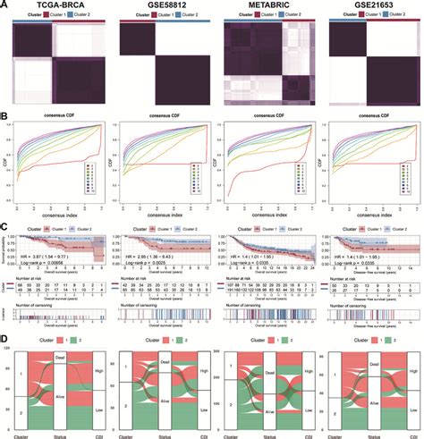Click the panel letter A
tap(5, 4)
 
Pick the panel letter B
tap(5, 115)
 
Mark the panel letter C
tap(5, 229)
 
